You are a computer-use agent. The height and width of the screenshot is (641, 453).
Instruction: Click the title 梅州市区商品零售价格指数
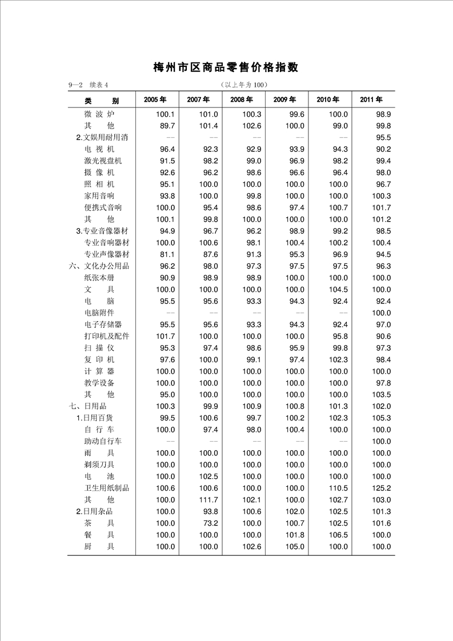coord(226,67)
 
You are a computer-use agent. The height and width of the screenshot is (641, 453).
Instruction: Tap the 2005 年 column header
coord(155,100)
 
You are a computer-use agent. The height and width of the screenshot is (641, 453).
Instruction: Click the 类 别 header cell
coord(101,101)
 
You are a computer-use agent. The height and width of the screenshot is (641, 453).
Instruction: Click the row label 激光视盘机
coord(103,161)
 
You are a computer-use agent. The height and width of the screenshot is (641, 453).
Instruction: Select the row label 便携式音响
coord(103,207)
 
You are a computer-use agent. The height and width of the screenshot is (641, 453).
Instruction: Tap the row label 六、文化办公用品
coord(99,266)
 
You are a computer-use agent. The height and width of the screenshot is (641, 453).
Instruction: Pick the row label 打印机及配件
coord(107,336)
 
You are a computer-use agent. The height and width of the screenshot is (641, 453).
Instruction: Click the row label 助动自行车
coord(103,442)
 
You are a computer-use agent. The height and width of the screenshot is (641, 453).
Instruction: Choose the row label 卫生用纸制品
coord(107,488)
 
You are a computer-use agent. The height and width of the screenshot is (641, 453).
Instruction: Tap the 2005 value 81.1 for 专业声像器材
coord(165,254)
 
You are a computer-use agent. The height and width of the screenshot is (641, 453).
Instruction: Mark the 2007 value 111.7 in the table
coord(207,500)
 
